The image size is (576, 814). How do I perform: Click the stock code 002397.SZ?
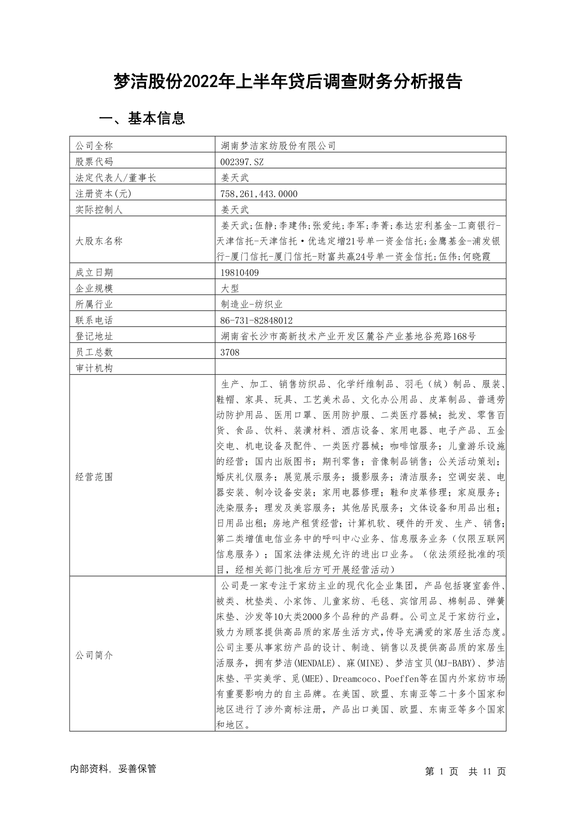pyautogui.click(x=242, y=162)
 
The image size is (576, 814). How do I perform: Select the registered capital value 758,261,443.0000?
pyautogui.click(x=259, y=194)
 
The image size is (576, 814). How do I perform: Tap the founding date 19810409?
pyautogui.click(x=239, y=273)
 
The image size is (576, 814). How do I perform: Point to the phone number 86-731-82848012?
pyautogui.click(x=256, y=320)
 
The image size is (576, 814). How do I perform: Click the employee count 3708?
pyautogui.click(x=230, y=352)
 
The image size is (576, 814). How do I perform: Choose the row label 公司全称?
pyautogui.click(x=94, y=146)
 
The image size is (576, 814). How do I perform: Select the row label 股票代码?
pyautogui.click(x=94, y=162)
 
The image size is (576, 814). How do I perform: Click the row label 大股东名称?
pyautogui.click(x=99, y=241)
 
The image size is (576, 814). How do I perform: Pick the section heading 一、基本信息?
pyautogui.click(x=142, y=118)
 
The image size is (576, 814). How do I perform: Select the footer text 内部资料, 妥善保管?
pyautogui.click(x=113, y=769)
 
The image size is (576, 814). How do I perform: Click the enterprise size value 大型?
pyautogui.click(x=230, y=289)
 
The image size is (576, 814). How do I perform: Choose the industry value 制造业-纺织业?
pyautogui.click(x=251, y=305)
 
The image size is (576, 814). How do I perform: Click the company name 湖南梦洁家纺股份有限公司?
pyautogui.click(x=278, y=146)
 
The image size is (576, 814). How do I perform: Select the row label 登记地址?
pyautogui.click(x=94, y=336)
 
